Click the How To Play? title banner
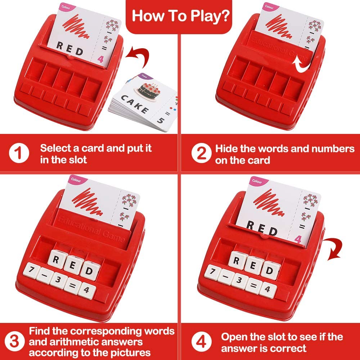click(x=180, y=16)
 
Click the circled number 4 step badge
click(x=199, y=342)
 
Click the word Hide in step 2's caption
click(x=226, y=148)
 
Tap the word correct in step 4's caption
click(x=286, y=348)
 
